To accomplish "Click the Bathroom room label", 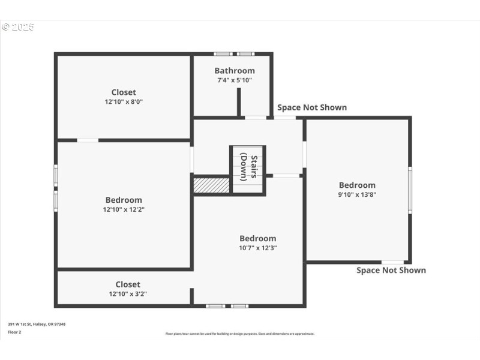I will click(235, 71).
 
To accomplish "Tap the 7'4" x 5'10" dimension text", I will click(235, 80).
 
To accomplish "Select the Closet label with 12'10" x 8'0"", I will click(124, 92).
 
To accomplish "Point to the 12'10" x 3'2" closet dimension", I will click(128, 294).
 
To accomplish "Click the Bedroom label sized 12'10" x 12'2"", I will click(124, 200).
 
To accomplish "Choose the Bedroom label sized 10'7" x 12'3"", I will click(258, 238).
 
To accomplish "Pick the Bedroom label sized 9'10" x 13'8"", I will click(357, 185).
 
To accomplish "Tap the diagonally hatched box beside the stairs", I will click(211, 185).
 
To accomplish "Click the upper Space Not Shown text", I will click(312, 107).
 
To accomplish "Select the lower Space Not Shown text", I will click(391, 270).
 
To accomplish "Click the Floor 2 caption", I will click(14, 332).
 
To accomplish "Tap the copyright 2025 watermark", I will click(18, 27).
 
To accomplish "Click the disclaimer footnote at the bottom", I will click(240, 334).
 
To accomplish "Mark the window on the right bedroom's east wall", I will click(410, 190).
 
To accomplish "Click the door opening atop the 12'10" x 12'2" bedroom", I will click(88, 140).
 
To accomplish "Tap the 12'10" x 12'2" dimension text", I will click(124, 209).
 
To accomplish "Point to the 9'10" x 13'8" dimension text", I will click(357, 194).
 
